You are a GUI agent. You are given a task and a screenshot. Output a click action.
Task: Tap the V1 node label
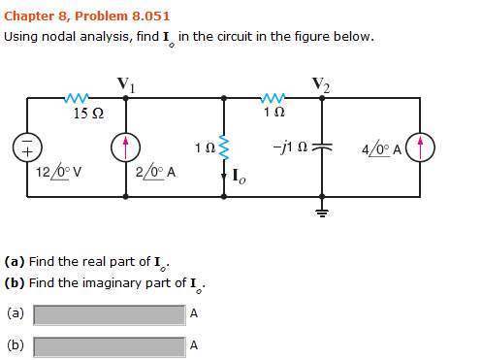coord(125,84)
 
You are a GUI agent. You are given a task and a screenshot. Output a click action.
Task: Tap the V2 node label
coord(321,84)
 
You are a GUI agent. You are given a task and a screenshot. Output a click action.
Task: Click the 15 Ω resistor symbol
coord(77,98)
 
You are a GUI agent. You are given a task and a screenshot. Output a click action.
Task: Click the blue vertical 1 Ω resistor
coord(225,148)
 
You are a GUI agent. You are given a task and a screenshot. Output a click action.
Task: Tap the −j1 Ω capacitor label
coord(291,148)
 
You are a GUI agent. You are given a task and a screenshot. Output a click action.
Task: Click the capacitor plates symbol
coord(321,147)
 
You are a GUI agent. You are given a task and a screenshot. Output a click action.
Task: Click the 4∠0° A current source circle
coord(420,147)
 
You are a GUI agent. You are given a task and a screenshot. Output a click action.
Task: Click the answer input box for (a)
coord(109,314)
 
